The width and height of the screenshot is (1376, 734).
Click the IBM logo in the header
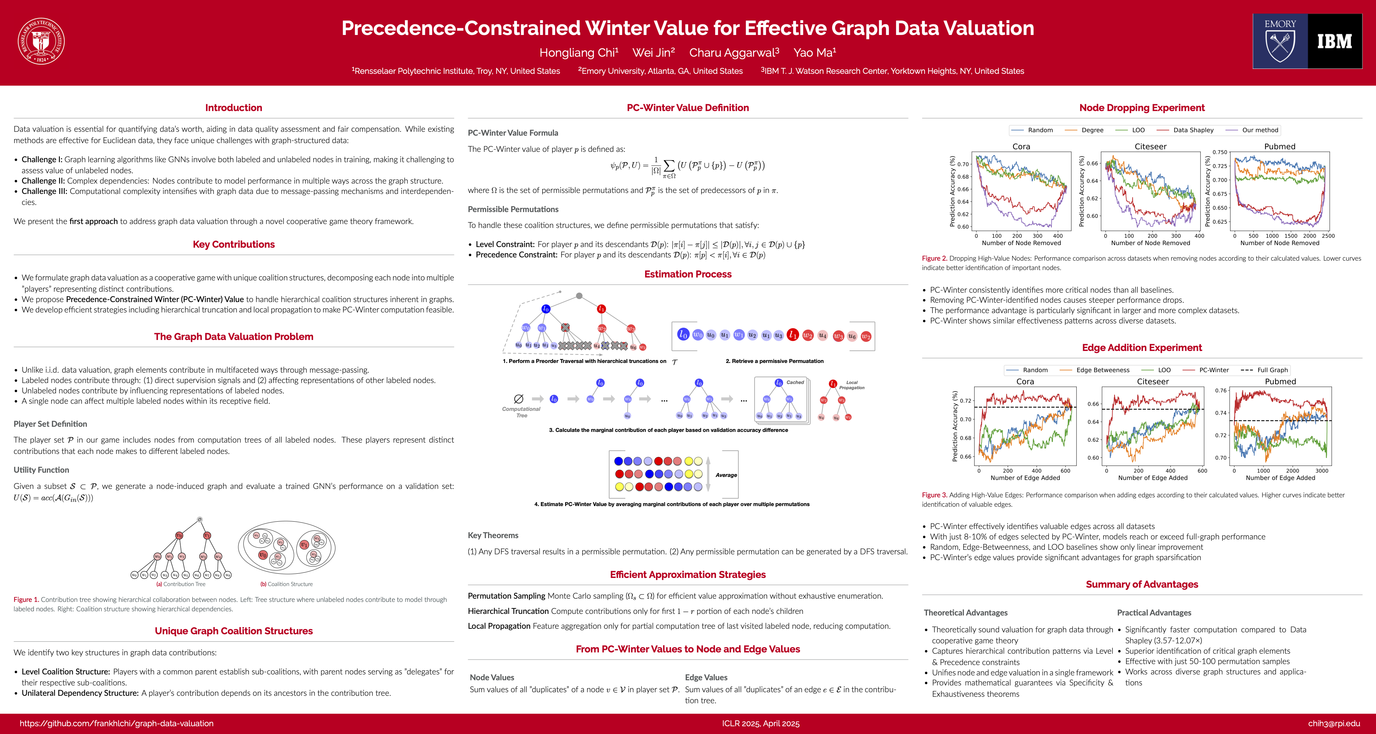(1334, 41)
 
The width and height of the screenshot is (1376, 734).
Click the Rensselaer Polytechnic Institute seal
(41, 41)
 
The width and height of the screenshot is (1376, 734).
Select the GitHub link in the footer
(117, 723)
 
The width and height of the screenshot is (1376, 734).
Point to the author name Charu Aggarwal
(734, 52)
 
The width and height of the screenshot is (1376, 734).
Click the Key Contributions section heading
(233, 244)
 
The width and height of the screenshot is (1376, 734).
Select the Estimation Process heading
(688, 274)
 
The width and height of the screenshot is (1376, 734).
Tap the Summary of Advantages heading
(1142, 584)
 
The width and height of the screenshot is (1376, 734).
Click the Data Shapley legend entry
(1193, 130)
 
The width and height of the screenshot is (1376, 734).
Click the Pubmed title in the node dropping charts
(1279, 146)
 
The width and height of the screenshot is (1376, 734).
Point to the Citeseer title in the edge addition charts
(1153, 381)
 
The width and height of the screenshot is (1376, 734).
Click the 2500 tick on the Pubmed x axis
(1328, 236)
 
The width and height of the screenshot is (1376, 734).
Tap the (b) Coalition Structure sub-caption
(286, 584)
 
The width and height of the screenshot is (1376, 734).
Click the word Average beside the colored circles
(726, 475)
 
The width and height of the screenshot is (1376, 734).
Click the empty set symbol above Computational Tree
(518, 399)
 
